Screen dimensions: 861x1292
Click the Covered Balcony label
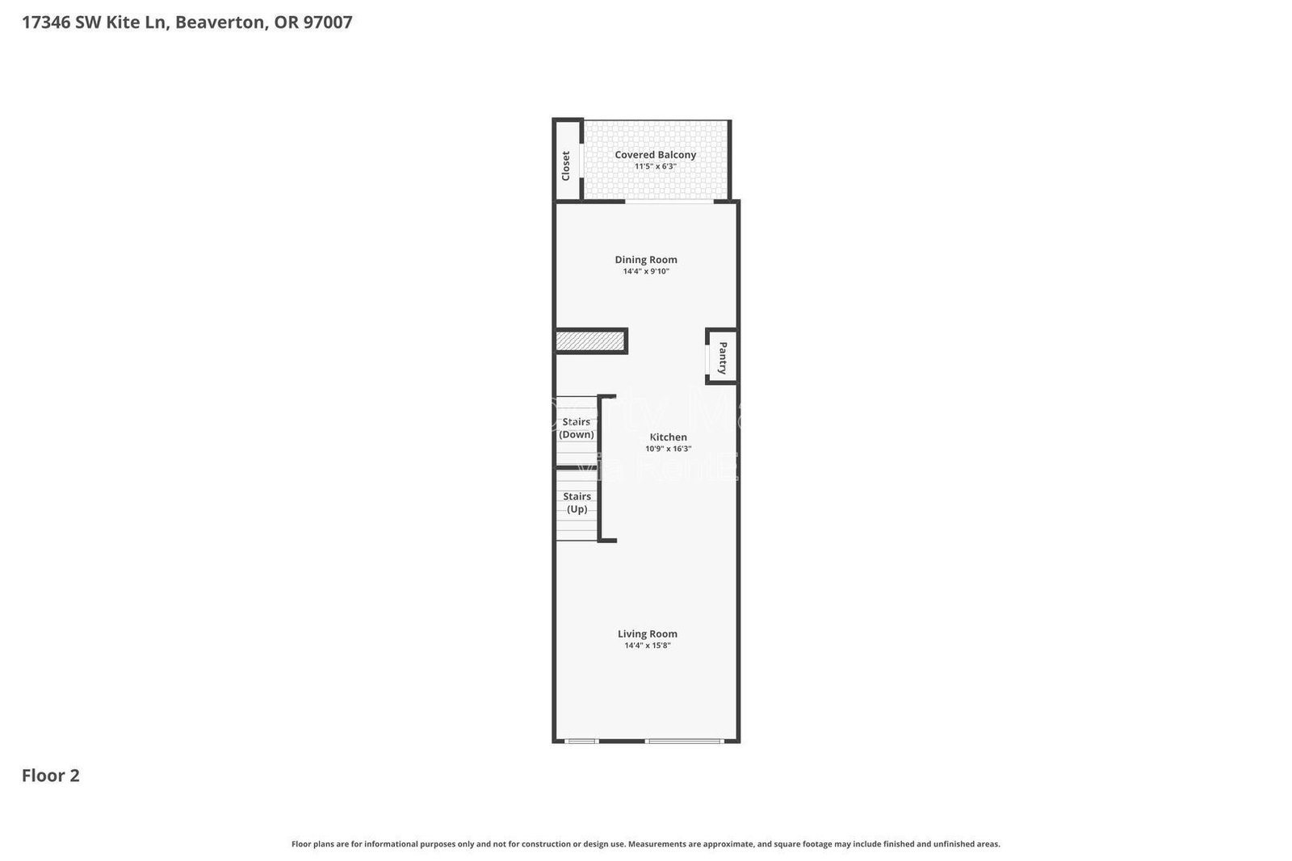[655, 155]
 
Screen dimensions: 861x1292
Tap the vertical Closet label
[566, 165]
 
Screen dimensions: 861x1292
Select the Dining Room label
[646, 260]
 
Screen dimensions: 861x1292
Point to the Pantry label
[723, 358]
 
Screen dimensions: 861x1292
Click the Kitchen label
[669, 437]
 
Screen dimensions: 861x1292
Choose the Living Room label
[648, 634]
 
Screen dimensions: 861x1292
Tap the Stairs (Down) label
[577, 428]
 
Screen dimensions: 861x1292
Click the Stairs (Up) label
[577, 503]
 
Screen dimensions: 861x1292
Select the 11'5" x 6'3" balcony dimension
[655, 167]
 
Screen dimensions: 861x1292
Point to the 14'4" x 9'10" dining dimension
[646, 272]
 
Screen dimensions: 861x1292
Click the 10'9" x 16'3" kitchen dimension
[669, 449]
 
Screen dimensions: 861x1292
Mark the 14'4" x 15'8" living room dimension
[648, 646]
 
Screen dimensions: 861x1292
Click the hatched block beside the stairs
[590, 341]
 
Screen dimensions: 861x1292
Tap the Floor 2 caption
[50, 775]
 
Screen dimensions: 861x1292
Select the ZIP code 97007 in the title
[327, 23]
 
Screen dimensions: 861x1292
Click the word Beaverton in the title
[220, 23]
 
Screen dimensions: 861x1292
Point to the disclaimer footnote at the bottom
[645, 844]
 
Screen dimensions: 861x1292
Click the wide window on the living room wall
[684, 740]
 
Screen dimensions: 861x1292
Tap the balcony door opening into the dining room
[669, 202]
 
